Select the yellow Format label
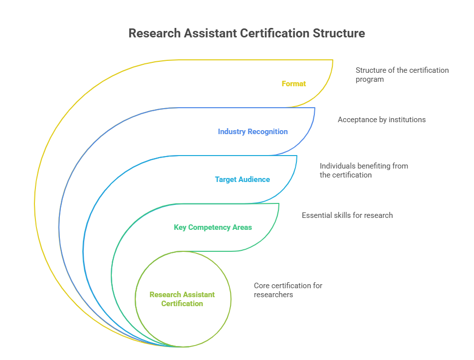(294, 84)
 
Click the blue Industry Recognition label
(253, 132)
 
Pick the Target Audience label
(242, 180)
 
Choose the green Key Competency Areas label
(213, 227)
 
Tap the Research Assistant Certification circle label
(182, 299)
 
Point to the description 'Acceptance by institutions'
(382, 120)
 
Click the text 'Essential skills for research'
(347, 215)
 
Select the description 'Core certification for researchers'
(288, 290)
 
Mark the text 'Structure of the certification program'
(402, 75)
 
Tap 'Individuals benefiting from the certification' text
(364, 171)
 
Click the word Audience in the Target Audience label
(255, 180)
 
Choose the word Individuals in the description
(337, 166)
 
